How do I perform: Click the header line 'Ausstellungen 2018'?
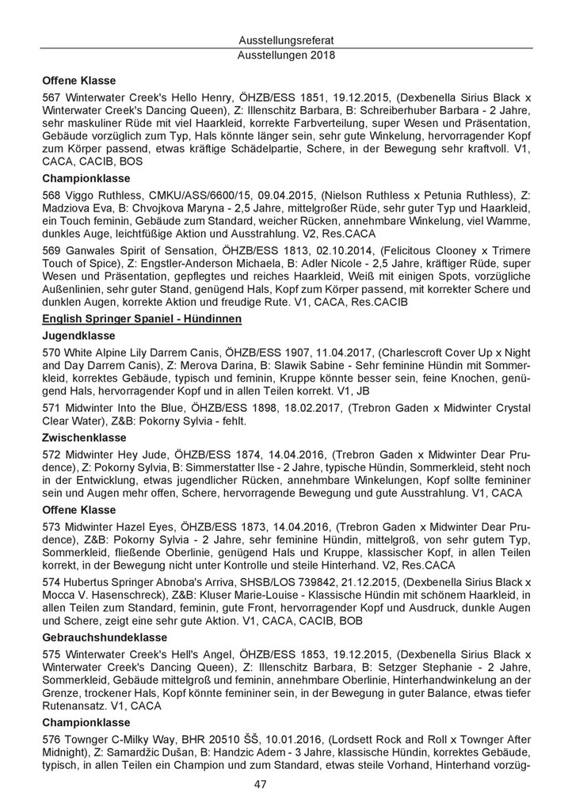286,55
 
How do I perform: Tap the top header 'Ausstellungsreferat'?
286,40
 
